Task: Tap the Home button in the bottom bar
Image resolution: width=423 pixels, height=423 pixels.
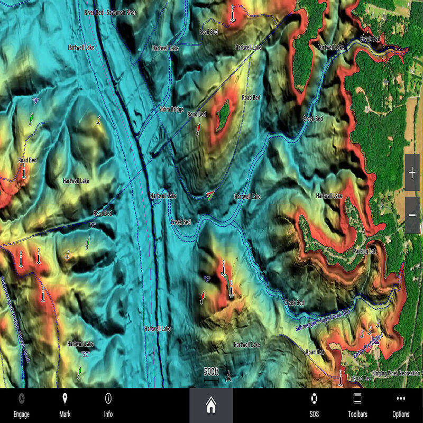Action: tap(211, 406)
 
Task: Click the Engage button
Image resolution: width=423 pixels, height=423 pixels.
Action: tap(22, 406)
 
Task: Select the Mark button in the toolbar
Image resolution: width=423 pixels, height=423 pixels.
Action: tap(65, 406)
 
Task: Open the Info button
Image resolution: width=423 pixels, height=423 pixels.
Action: tap(108, 406)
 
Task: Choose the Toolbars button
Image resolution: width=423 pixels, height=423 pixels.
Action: tap(357, 406)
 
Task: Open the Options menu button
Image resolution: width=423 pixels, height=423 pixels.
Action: tap(401, 406)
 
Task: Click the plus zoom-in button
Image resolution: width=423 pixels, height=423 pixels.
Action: tap(412, 173)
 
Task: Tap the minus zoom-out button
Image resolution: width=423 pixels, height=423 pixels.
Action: tap(412, 215)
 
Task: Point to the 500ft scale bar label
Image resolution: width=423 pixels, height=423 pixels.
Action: tap(211, 371)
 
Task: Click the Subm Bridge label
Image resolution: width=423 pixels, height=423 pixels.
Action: tap(171, 109)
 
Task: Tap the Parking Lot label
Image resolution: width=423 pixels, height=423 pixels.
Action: tap(364, 251)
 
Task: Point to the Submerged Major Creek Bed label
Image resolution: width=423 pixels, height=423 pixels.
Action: tap(322, 321)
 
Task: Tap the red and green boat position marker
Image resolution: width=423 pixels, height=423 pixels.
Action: tap(210, 196)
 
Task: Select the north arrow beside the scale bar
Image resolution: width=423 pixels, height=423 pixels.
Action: tap(228, 376)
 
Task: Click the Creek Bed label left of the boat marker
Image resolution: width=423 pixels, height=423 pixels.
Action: tap(181, 222)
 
